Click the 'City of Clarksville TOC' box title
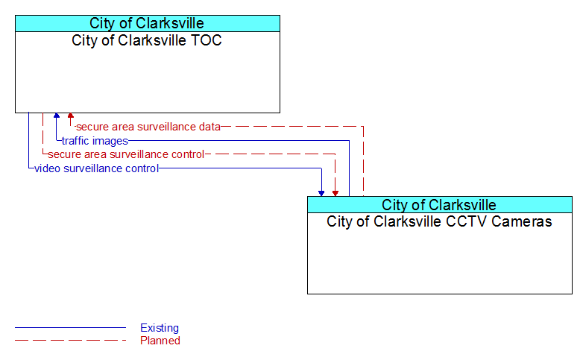[146, 40]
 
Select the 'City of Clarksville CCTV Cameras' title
[439, 221]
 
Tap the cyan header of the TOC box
[148, 23]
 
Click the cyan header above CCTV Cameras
[439, 204]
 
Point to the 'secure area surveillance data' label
[148, 127]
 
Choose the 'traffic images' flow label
[95, 141]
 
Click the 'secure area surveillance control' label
[126, 154]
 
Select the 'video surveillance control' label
[97, 168]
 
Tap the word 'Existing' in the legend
[160, 328]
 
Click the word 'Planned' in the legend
[160, 341]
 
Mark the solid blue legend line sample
[70, 328]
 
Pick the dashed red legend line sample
[70, 340]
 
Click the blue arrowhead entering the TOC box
[57, 116]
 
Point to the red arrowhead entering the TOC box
[71, 116]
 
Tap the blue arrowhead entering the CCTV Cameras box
[321, 193]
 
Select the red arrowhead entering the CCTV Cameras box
[335, 193]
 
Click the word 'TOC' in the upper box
[207, 40]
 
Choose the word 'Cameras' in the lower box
[522, 221]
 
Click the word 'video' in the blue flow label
[47, 168]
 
